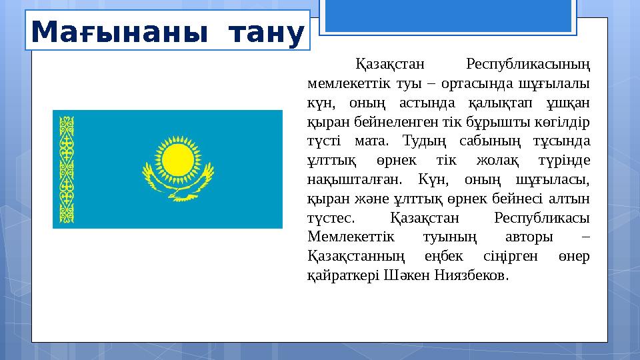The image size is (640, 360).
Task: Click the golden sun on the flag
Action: (177, 158)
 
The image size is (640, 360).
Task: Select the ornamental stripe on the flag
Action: (67, 169)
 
